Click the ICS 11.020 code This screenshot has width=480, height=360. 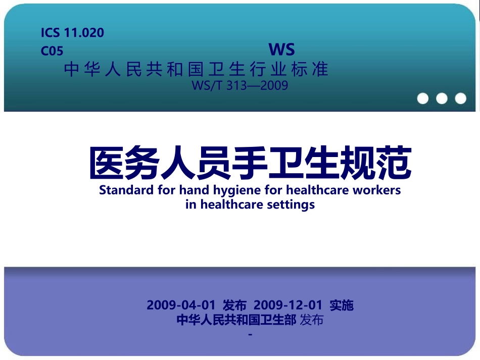(x=72, y=33)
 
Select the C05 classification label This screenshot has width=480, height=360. (x=52, y=51)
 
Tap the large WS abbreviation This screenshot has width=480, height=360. (x=281, y=49)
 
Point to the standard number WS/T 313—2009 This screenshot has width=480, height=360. (x=240, y=85)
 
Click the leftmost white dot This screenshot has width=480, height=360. (x=423, y=98)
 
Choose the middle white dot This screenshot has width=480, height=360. (x=442, y=98)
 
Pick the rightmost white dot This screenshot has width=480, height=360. (x=460, y=98)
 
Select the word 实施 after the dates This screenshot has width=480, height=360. (x=342, y=305)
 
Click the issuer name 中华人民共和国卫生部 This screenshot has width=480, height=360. (x=236, y=320)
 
